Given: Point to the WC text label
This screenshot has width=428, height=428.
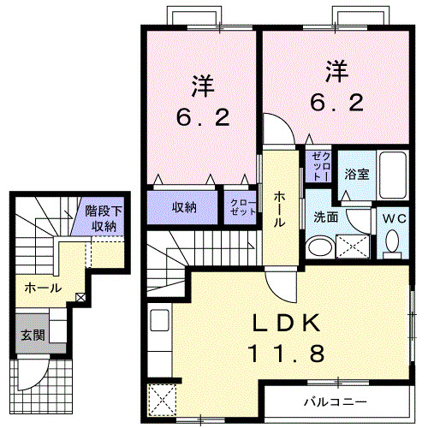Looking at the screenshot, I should coord(394,217).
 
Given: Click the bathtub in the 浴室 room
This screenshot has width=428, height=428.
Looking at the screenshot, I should coord(395,175).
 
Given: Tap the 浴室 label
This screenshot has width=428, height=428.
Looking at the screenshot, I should coord(356,174).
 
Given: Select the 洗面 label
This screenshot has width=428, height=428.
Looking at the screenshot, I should coord(325,217).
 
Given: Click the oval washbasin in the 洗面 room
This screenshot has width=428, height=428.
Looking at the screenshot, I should coord(318,247).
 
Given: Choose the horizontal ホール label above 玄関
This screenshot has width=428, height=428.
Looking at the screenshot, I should coord(42,288).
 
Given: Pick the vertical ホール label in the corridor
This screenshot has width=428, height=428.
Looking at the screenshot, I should coord(279,209).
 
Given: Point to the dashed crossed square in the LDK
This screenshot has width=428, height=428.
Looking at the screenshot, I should coord(160,398).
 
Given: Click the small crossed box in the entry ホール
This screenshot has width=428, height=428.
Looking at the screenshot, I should coord(80,297).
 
